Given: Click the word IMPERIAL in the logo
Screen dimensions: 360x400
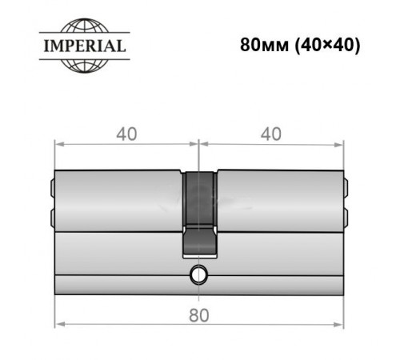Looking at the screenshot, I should tap(83, 46).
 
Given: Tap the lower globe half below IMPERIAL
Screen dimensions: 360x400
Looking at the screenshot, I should tap(83, 65).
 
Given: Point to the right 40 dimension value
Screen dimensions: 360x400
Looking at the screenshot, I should tap(271, 134).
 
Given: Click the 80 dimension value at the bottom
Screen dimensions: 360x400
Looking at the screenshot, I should tap(199, 314).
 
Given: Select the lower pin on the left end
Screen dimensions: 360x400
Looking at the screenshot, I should tap(51, 217).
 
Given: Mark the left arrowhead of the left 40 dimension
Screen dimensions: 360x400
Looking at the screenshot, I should tap(58, 145).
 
